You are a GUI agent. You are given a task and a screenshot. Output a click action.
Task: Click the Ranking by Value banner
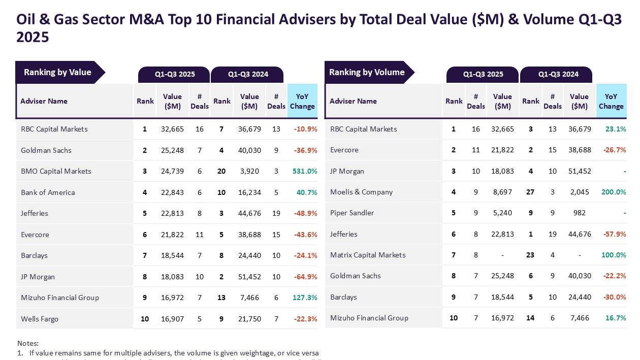click(x=57, y=73)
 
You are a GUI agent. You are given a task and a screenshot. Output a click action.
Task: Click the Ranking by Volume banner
click(x=367, y=73)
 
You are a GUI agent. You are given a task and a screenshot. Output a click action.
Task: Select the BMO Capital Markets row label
click(x=56, y=171)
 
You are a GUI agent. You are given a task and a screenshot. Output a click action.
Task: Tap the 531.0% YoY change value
click(x=305, y=171)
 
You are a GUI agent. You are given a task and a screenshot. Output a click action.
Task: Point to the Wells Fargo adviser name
click(x=40, y=319)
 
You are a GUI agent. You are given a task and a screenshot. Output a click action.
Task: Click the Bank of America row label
click(x=48, y=192)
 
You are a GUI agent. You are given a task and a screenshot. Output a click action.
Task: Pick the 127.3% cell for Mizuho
click(x=305, y=298)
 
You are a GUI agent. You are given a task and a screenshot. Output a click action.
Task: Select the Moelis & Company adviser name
click(x=361, y=192)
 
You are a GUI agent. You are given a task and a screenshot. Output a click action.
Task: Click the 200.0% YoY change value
click(x=614, y=192)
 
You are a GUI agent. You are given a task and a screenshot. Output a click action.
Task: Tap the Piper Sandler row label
click(x=352, y=213)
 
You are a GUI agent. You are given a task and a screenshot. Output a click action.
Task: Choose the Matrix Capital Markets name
click(x=368, y=255)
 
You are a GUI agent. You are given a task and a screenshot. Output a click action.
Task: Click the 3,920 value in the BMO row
click(x=249, y=171)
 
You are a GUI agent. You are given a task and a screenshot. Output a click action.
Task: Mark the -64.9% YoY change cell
click(x=305, y=277)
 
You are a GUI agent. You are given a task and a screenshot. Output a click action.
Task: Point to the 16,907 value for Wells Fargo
click(x=172, y=319)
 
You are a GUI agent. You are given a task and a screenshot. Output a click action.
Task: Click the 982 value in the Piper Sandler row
click(x=580, y=213)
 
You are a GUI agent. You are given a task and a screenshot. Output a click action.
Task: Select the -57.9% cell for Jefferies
click(x=614, y=234)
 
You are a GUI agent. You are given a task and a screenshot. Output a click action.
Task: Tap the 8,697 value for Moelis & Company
click(x=502, y=192)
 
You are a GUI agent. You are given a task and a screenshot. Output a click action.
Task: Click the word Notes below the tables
click(x=28, y=343)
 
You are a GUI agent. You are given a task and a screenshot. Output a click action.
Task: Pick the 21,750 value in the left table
click(x=249, y=319)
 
